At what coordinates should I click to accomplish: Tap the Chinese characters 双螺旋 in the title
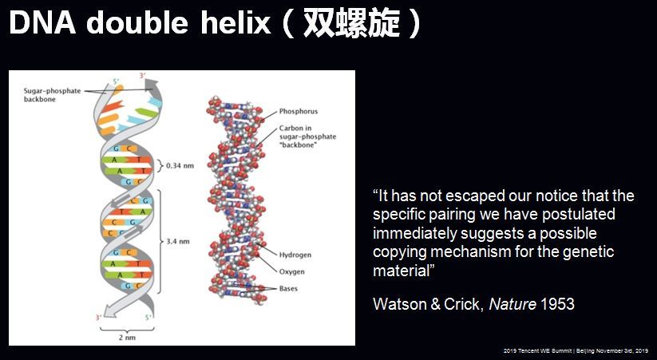[x=351, y=23]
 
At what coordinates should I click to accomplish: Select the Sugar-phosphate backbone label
[x=52, y=95]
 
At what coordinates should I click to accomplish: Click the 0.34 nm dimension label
[x=180, y=165]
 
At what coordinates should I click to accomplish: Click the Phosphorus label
[x=299, y=112]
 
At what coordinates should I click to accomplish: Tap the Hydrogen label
[x=295, y=255]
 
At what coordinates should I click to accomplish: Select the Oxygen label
[x=291, y=272]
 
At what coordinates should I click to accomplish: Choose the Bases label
[x=288, y=288]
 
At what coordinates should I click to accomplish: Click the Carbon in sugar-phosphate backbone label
[x=307, y=136]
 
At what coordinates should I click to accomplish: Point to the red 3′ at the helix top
[x=142, y=76]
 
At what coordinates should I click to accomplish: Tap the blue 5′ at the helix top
[x=116, y=81]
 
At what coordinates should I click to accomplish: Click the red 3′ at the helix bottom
[x=98, y=318]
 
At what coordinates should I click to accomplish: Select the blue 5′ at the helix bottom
[x=148, y=318]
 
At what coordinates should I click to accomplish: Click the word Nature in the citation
[x=513, y=304]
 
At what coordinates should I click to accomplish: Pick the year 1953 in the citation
[x=557, y=304]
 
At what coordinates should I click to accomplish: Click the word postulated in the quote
[x=579, y=214]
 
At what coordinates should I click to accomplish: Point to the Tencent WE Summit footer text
[x=576, y=350]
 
